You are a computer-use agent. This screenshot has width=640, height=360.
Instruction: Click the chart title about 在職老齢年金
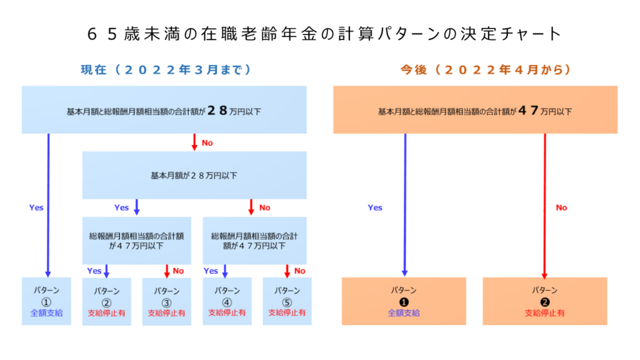324,34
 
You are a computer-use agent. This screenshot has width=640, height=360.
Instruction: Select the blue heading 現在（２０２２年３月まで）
166,70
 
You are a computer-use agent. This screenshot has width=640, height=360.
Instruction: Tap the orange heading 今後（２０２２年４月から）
486,70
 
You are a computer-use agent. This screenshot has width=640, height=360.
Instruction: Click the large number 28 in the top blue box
217,110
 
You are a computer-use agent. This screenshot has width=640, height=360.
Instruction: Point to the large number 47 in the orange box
528,110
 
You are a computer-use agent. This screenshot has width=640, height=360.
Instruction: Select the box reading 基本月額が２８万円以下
194,175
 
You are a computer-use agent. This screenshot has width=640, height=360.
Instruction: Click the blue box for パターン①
46,301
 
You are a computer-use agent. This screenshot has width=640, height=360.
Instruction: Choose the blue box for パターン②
106,302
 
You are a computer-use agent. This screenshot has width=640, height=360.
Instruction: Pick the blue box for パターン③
166,302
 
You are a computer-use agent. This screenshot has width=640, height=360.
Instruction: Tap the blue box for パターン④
227,301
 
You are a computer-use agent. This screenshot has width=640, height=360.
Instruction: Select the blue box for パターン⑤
287,301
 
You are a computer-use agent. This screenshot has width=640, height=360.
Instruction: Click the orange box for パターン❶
404,301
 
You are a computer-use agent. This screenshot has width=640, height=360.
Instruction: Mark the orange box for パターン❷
545,301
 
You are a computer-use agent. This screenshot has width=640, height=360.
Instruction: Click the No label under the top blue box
207,143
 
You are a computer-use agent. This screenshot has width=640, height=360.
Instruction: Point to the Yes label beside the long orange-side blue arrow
375,207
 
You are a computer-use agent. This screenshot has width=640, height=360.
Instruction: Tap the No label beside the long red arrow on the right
562,207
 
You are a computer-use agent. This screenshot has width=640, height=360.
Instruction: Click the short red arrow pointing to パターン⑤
287,271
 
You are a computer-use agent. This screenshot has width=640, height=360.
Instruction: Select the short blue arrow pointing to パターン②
106,271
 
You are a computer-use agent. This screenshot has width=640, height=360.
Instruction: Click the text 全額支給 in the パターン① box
46,313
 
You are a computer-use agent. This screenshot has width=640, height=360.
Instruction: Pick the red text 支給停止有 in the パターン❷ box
545,313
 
